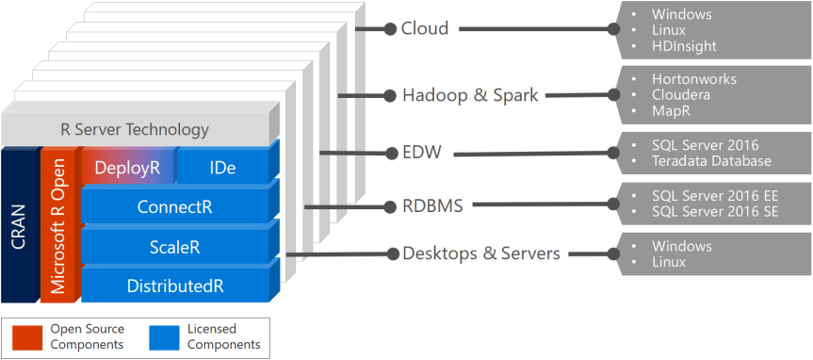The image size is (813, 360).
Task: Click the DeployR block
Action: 127,168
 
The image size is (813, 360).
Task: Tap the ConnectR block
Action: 174,206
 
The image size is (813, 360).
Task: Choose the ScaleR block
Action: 174,247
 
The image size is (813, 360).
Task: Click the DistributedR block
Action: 174,285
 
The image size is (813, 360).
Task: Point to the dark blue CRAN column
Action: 19,226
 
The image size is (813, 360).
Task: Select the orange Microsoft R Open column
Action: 58,226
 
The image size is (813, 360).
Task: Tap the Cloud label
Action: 425,28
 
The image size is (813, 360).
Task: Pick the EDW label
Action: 423,152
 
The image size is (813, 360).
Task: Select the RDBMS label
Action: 432,205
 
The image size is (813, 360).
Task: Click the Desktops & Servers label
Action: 481,254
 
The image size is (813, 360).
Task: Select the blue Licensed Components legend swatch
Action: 165,336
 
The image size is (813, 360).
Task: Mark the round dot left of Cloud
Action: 390,29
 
